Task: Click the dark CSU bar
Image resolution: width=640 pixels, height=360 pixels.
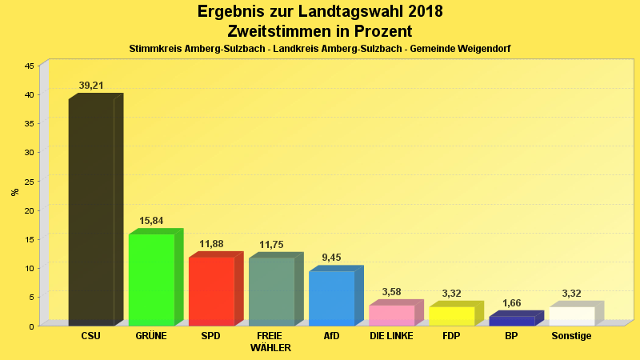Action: coord(91,212)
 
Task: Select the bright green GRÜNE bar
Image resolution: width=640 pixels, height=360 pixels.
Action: coord(151,279)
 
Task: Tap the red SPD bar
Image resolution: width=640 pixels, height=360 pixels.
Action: coord(211,291)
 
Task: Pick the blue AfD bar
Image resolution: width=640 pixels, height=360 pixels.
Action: coord(331,298)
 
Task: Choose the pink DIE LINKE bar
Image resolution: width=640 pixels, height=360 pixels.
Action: coord(391,315)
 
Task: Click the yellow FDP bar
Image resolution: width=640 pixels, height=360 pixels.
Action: coord(451,316)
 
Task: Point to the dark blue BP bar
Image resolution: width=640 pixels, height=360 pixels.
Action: coord(511,321)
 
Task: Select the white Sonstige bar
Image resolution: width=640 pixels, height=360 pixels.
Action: coord(571,316)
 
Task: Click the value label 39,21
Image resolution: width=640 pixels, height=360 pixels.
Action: coord(91,86)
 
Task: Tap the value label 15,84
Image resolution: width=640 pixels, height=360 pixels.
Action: coord(151,221)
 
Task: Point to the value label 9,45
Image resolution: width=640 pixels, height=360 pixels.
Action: coord(331,258)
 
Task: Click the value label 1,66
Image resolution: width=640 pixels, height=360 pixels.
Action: coord(511,303)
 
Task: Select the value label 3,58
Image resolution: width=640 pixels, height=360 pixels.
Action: coord(391,292)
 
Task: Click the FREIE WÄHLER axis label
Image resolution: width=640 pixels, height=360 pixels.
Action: coord(270,342)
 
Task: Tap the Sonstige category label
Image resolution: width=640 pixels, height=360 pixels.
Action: coord(571,336)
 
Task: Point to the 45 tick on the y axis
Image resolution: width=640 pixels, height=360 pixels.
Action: coord(29,66)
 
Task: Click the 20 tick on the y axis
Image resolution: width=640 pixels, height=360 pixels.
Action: coord(29,210)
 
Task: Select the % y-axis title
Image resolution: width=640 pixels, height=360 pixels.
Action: coord(14,192)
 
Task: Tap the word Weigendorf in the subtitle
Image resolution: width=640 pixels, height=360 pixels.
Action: coord(483,49)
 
